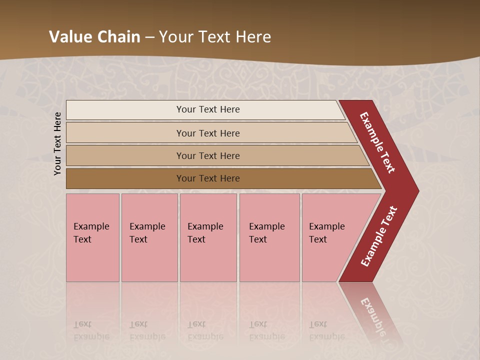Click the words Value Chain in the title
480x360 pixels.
click(94, 37)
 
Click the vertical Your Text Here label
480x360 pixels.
click(57, 143)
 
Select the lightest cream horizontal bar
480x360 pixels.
click(125, 109)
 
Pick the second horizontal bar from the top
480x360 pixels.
click(125, 133)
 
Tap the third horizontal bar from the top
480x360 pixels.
click(125, 155)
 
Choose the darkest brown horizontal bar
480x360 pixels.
click(125, 178)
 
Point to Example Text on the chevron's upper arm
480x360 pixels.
click(377, 142)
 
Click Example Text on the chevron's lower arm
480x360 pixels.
click(379, 236)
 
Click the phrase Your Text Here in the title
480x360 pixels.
click(215, 37)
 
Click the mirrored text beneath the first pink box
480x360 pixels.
click(91, 330)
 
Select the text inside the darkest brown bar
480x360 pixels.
click(208, 178)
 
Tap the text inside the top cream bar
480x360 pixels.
click(208, 109)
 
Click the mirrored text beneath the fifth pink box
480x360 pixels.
click(326, 330)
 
